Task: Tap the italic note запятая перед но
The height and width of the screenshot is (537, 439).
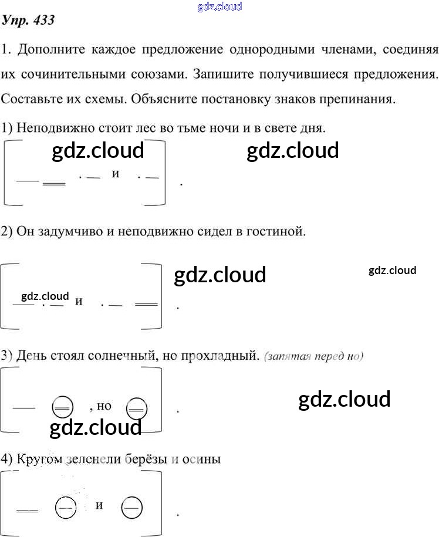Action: (314, 356)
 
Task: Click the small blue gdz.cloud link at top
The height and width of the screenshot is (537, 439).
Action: (219, 6)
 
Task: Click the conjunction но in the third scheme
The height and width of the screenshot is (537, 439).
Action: (103, 406)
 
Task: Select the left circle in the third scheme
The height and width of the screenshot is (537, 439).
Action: (62, 406)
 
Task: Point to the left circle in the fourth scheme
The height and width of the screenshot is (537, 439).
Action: (64, 508)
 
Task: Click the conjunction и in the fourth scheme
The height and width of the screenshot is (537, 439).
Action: (99, 504)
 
